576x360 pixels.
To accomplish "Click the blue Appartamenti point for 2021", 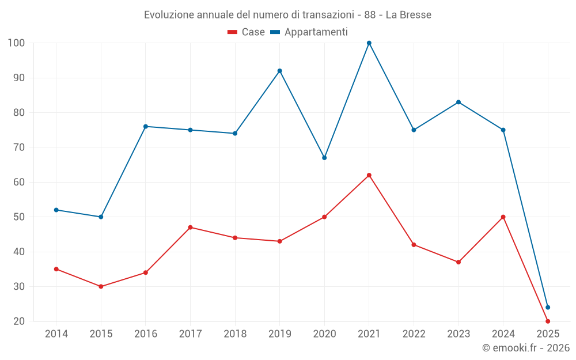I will coord(369,43).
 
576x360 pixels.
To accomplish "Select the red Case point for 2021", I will coord(369,175).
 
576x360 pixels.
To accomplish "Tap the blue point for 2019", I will coord(280,71).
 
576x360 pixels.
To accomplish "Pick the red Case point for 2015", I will coord(101,286).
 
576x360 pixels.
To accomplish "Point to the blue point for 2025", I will coord(548,307).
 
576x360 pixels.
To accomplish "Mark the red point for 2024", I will coord(503,217).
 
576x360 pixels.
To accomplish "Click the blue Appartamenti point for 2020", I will coord(324,158).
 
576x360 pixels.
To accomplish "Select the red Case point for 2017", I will coord(190,228).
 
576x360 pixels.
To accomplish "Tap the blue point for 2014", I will coord(56,210).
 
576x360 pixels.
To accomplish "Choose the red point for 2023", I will coord(458,262).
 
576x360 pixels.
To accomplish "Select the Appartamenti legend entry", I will coord(309,32).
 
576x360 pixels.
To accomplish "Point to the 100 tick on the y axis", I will coord(16,43).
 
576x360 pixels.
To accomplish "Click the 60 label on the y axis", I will coord(19,182).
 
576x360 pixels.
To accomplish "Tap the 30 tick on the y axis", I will coord(19,286).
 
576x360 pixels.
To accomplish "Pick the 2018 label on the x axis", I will coord(235,334).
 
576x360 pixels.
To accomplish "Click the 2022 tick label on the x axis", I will coord(414,334).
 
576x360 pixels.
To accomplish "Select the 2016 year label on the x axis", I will coord(146,334).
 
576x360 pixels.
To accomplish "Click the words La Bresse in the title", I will coord(408,15).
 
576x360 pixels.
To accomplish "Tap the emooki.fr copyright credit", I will coord(525,348).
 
